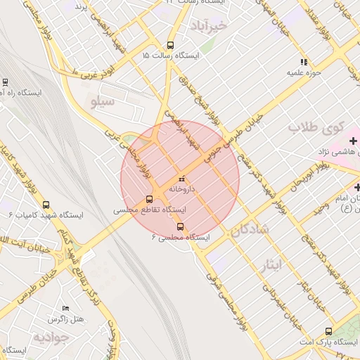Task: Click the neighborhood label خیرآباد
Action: pyautogui.click(x=209, y=25)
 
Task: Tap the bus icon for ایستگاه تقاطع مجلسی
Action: pyautogui.click(x=149, y=199)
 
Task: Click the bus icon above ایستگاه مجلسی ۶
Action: pyautogui.click(x=181, y=226)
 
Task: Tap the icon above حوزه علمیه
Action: pyautogui.click(x=304, y=61)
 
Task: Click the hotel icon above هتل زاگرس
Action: pyautogui.click(x=65, y=308)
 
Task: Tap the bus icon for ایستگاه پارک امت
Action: pyautogui.click(x=329, y=331)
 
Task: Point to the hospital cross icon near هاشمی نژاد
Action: pyautogui.click(x=353, y=141)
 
